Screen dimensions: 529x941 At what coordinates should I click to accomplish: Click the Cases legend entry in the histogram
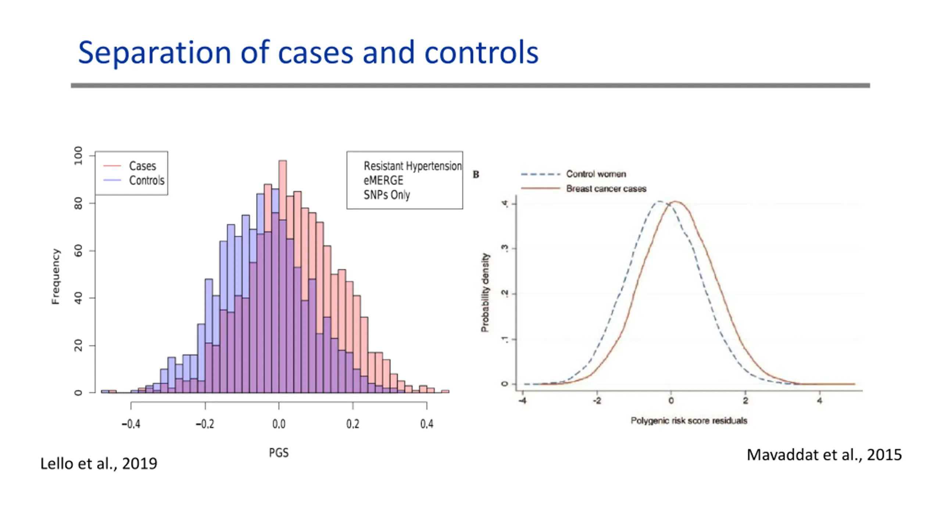(x=142, y=166)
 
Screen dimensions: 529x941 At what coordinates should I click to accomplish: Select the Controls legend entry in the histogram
(x=146, y=180)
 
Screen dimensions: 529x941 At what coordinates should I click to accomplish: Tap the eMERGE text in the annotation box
(x=383, y=180)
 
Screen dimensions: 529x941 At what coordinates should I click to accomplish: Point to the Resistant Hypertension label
(x=412, y=166)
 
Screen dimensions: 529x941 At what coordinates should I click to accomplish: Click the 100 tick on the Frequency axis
(x=78, y=156)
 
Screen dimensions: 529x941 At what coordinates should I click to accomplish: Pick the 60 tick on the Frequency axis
(x=78, y=251)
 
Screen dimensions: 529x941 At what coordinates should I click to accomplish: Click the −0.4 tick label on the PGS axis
(x=131, y=424)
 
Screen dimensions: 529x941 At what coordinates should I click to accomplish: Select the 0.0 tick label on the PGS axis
(x=279, y=424)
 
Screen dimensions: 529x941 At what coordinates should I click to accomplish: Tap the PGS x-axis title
(x=279, y=453)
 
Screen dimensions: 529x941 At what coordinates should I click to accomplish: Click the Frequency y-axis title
(x=56, y=277)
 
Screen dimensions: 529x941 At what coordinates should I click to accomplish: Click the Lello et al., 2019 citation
(x=99, y=464)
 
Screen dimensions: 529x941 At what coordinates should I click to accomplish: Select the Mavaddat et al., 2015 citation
(x=824, y=455)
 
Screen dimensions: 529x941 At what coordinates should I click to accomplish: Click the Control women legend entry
(x=595, y=174)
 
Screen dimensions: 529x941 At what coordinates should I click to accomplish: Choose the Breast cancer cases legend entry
(x=606, y=189)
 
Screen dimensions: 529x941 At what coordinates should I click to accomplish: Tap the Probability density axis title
(x=485, y=292)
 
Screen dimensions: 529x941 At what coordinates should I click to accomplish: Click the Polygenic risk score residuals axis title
(x=689, y=421)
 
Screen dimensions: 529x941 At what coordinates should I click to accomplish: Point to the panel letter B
(x=476, y=174)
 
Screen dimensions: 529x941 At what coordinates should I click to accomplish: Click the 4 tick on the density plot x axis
(x=819, y=401)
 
